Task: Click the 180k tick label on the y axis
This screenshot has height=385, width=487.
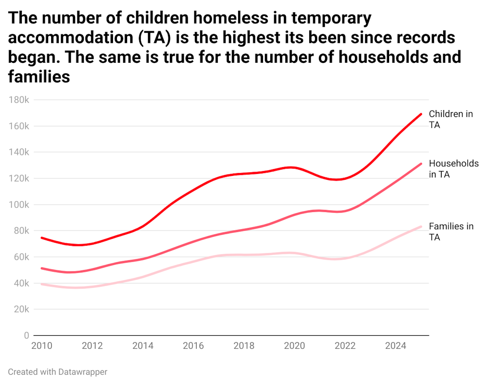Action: coord(19,100)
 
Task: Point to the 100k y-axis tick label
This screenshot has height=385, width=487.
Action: coord(19,205)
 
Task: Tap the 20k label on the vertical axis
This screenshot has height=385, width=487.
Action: coord(21,309)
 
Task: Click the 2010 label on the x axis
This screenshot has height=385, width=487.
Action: coord(43,346)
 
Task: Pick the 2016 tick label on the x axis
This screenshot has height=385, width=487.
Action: coord(193,346)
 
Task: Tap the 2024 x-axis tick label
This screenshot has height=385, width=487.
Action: coord(395,346)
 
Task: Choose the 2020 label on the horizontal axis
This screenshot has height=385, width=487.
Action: coord(294,346)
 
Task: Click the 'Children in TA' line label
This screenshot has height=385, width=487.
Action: coord(450,119)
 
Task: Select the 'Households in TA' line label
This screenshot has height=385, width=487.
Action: coord(453,169)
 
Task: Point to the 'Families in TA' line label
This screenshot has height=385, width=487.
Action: coord(451,231)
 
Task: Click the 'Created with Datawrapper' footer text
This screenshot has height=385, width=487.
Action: coord(57,372)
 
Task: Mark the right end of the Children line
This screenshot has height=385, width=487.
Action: coord(421,114)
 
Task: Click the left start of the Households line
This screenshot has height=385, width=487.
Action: coord(41,268)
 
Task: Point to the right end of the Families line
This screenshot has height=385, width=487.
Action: coord(421,226)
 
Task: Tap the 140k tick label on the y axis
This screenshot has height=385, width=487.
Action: coord(19,152)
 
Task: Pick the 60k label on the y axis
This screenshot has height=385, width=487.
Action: coord(21,257)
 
